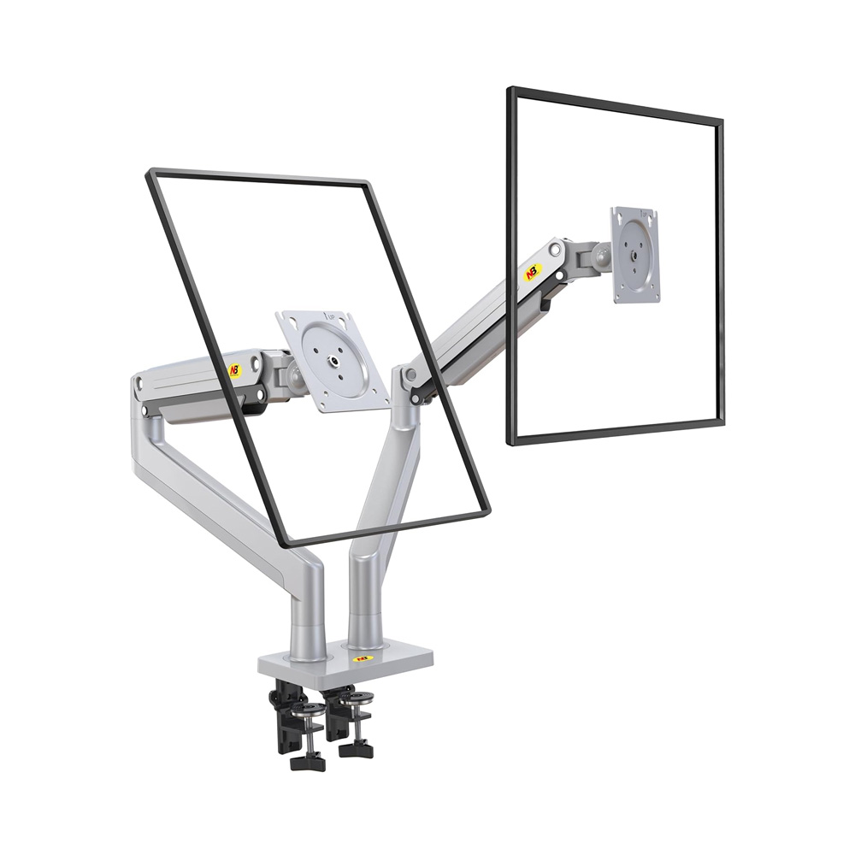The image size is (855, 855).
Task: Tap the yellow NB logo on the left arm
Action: click(x=235, y=370)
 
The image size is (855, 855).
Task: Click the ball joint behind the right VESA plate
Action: click(x=602, y=254)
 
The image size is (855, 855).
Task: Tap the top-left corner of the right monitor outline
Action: click(x=510, y=90)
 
